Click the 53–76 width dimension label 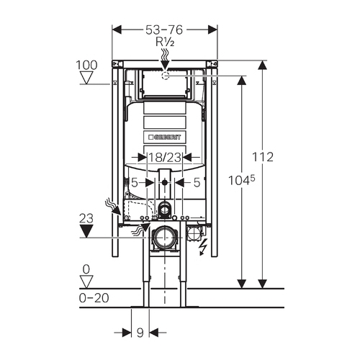click(164, 30)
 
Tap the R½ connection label click(165, 42)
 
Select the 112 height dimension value click(263, 157)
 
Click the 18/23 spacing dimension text click(165, 158)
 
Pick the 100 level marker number click(86, 65)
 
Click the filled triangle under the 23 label click(86, 231)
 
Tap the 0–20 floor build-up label click(94, 298)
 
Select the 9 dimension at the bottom click(140, 333)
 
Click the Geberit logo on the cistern click(165, 138)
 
